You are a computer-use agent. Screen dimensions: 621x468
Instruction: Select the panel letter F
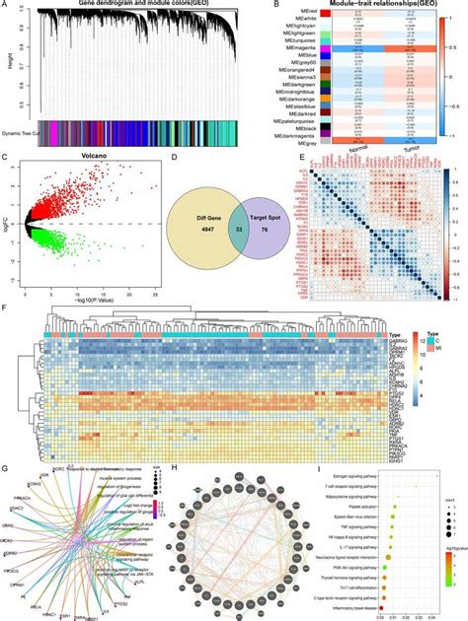pos(8,308)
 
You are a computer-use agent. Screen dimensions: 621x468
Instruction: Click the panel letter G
pos(8,467)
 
